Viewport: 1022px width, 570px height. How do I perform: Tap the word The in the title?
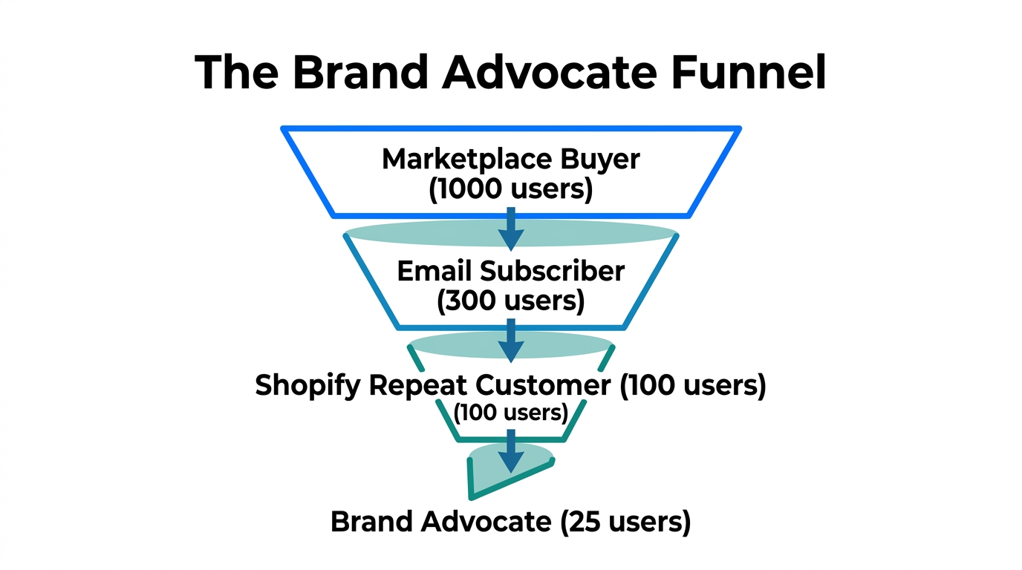pyautogui.click(x=235, y=73)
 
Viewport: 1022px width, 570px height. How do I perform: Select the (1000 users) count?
pyautogui.click(x=510, y=189)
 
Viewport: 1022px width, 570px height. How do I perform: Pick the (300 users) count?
pyautogui.click(x=510, y=301)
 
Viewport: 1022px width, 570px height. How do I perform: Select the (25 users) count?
pyautogui.click(x=625, y=522)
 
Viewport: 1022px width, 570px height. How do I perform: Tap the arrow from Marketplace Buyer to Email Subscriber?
pyautogui.click(x=511, y=228)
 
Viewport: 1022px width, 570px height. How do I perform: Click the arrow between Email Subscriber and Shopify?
pyautogui.click(x=511, y=340)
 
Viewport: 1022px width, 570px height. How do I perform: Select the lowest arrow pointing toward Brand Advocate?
pyautogui.click(x=511, y=451)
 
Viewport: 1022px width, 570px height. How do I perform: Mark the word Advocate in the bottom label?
pyautogui.click(x=486, y=522)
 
